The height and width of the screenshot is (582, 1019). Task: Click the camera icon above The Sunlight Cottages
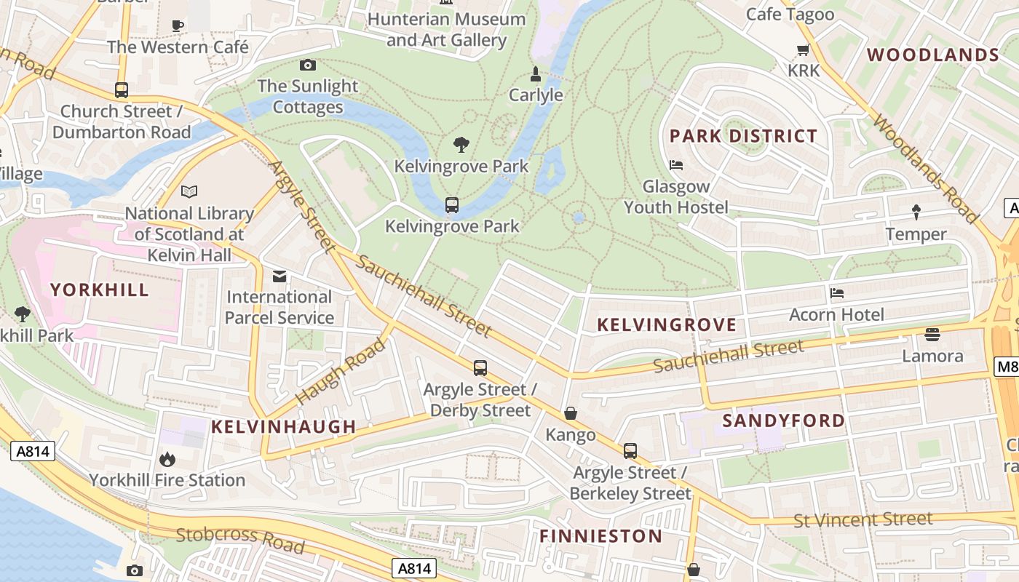click(x=308, y=65)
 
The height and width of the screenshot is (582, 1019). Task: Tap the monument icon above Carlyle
click(x=536, y=73)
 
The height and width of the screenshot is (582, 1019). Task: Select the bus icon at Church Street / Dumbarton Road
click(x=122, y=90)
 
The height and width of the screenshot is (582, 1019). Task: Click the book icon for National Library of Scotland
click(x=189, y=192)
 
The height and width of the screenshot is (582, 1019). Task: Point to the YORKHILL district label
click(x=100, y=290)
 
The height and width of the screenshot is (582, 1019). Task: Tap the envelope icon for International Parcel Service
click(x=279, y=276)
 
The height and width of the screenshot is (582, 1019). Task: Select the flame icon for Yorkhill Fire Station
click(x=167, y=459)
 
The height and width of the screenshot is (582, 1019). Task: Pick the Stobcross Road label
click(x=239, y=539)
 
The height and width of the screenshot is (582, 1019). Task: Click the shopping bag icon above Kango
click(x=571, y=414)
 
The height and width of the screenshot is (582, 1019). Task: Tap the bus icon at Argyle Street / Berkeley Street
click(x=630, y=451)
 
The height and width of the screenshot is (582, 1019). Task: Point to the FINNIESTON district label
click(x=600, y=537)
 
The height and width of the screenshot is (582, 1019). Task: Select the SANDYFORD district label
click(x=784, y=420)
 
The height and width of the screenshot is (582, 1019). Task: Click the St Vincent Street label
click(x=863, y=519)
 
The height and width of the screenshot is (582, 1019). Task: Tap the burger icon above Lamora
click(x=932, y=335)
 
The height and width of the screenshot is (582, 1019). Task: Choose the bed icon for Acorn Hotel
click(x=837, y=293)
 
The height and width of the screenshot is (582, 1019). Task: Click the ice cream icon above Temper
click(x=916, y=212)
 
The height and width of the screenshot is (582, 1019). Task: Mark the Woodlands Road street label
click(x=925, y=168)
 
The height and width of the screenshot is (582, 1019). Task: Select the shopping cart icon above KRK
click(x=803, y=50)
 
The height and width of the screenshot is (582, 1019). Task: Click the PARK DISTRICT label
click(x=743, y=136)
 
